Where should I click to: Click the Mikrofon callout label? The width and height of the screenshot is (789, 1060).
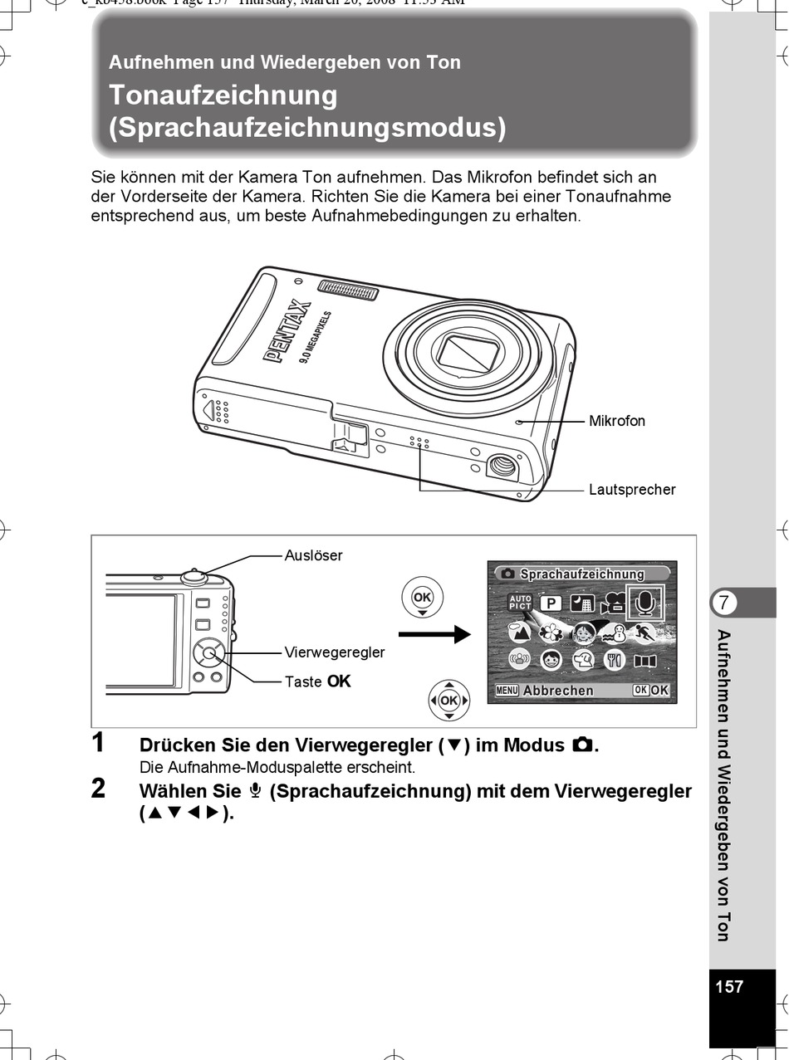click(616, 421)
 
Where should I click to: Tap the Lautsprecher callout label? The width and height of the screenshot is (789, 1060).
click(632, 489)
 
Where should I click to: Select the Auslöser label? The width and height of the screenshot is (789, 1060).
click(313, 555)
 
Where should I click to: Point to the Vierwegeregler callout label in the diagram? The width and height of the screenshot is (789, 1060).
click(335, 652)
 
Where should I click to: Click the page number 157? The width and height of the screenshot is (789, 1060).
click(729, 986)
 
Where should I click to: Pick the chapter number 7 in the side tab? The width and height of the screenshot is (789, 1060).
click(725, 603)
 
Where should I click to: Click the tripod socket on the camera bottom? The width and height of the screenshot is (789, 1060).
click(501, 466)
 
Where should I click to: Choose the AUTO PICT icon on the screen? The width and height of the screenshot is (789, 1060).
click(520, 603)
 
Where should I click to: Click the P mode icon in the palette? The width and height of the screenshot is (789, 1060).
click(550, 603)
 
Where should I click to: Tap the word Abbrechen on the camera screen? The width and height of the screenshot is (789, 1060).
click(558, 691)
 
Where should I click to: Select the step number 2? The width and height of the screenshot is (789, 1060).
click(98, 789)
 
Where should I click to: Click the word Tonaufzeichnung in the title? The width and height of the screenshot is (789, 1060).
click(223, 95)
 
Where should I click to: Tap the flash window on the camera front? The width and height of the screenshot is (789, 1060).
click(347, 291)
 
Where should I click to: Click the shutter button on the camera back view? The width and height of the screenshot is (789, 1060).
click(194, 574)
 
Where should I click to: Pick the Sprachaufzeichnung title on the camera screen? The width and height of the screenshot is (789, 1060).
click(581, 574)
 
